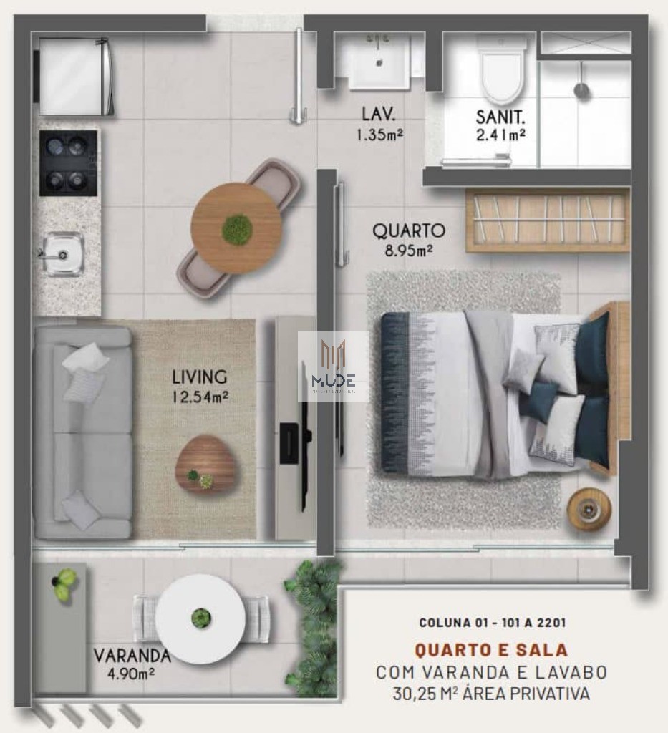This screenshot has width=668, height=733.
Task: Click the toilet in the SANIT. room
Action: [x=502, y=72]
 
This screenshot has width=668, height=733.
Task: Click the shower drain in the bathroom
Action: [x=581, y=90]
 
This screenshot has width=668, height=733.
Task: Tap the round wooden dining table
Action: [x=236, y=228]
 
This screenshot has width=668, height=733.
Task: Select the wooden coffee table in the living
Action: [x=205, y=464]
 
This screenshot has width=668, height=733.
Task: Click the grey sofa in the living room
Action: [x=83, y=432]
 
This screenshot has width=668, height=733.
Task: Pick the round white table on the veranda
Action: [x=200, y=618]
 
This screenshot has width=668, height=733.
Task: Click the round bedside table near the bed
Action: [x=589, y=509]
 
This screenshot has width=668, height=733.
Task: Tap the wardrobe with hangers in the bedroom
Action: [x=548, y=220]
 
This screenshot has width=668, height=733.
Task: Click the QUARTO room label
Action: [x=409, y=231]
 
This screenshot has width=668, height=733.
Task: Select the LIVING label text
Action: [x=200, y=377]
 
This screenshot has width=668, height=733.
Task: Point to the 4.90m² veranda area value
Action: [x=132, y=673]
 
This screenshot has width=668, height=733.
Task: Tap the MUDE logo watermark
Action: [x=334, y=366]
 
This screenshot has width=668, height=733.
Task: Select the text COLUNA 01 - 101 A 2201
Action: [x=492, y=623]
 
